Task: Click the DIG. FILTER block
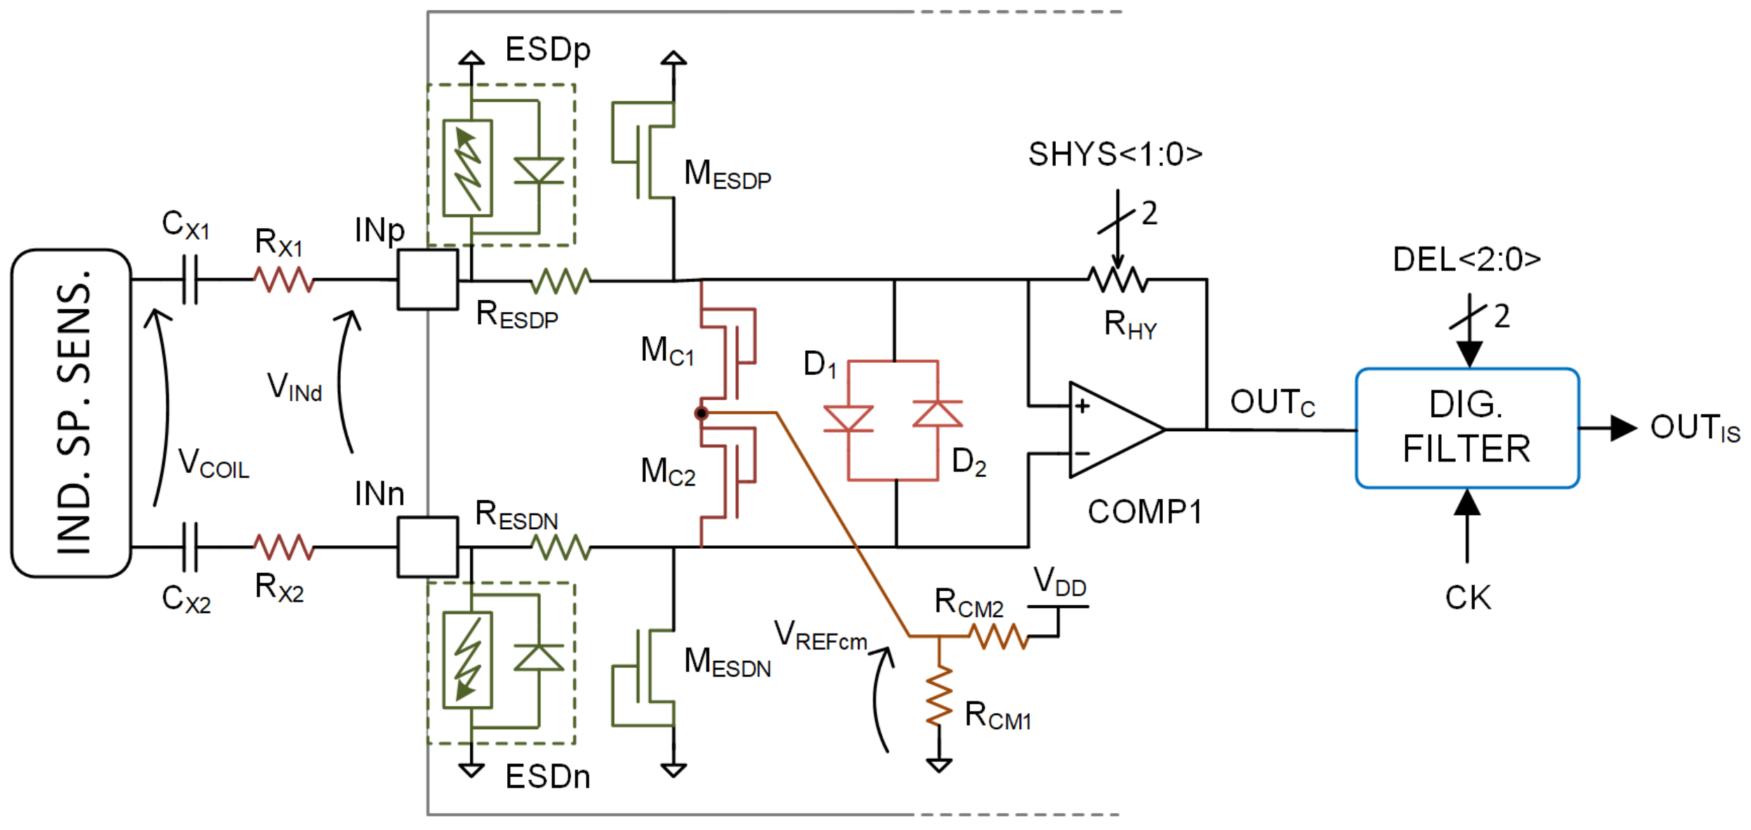(x=1466, y=428)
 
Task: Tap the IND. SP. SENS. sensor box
(x=71, y=414)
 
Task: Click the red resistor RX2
(x=283, y=547)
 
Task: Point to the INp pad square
(x=428, y=280)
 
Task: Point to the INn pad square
(x=428, y=547)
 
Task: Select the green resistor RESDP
(x=561, y=280)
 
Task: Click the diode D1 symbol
(x=848, y=419)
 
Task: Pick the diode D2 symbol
(x=937, y=414)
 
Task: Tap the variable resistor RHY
(x=1118, y=280)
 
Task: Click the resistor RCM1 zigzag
(x=939, y=695)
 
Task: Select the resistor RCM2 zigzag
(x=999, y=636)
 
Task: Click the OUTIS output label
(x=1694, y=428)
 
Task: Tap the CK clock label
(x=1468, y=597)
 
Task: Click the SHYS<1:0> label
(x=1115, y=154)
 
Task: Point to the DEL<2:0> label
(x=1466, y=259)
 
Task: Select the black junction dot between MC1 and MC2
(x=701, y=414)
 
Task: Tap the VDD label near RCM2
(x=1059, y=583)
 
